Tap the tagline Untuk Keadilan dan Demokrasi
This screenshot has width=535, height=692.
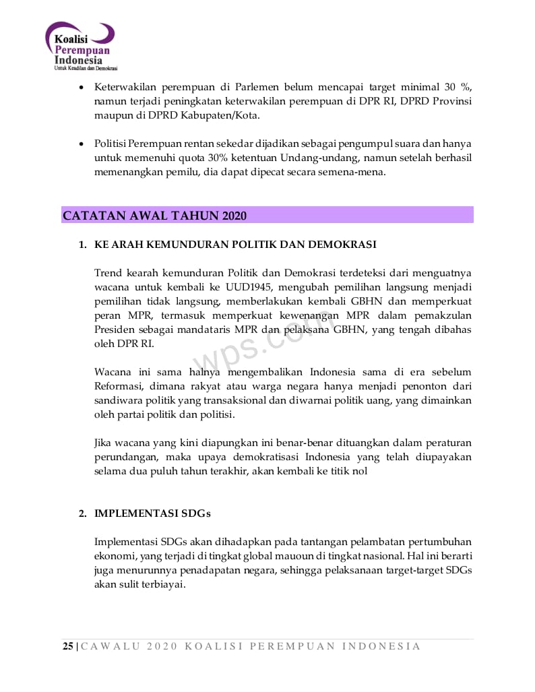(x=86, y=69)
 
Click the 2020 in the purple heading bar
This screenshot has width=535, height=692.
(x=233, y=216)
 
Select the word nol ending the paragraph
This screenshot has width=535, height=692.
(x=360, y=471)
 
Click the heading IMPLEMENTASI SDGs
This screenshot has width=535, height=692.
(x=152, y=513)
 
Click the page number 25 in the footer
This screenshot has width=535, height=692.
(x=68, y=646)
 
